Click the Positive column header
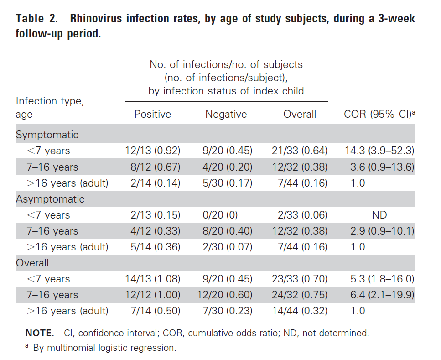pyautogui.click(x=152, y=114)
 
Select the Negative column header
pyautogui.click(x=226, y=114)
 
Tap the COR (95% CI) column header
pyautogui.click(x=379, y=114)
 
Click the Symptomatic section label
pyautogui.click(x=47, y=135)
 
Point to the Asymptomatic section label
pyautogui.click(x=50, y=199)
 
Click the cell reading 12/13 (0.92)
pyautogui.click(x=152, y=151)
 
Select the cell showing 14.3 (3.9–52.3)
pyautogui.click(x=379, y=151)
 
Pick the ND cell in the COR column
pyautogui.click(x=379, y=215)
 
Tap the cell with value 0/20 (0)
pyautogui.click(x=220, y=215)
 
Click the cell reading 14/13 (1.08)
pyautogui.click(x=152, y=279)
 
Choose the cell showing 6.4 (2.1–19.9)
pyautogui.click(x=382, y=295)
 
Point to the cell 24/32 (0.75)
pyautogui.click(x=300, y=295)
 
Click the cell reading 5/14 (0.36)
pyautogui.click(x=155, y=247)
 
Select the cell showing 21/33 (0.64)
pyautogui.click(x=300, y=151)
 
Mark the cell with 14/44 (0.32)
pyautogui.click(x=300, y=311)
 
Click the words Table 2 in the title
pyautogui.click(x=36, y=19)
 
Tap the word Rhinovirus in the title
pyautogui.click(x=96, y=19)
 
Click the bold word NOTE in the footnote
pyautogui.click(x=39, y=333)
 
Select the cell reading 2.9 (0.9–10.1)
pyautogui.click(x=382, y=231)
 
